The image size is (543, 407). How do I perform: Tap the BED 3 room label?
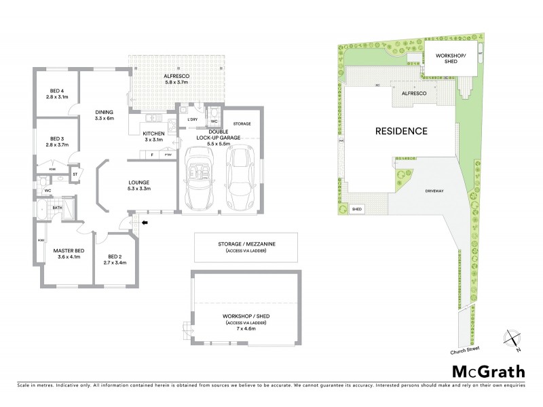point(57,141)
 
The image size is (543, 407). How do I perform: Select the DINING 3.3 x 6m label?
point(104,115)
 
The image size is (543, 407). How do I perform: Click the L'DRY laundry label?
point(192,120)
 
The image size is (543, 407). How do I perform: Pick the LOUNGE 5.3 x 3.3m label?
point(139,185)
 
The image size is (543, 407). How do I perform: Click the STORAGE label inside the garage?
point(242,124)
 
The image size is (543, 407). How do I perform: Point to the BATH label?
point(58,208)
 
